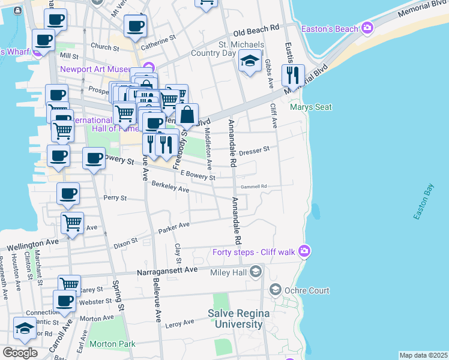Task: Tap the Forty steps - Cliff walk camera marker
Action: click(304, 250)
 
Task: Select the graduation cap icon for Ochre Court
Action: click(276, 290)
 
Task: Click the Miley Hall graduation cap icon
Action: click(256, 272)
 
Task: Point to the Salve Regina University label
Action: click(235, 319)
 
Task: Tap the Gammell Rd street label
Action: click(255, 187)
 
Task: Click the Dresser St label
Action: click(255, 152)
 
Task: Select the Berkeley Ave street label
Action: click(170, 187)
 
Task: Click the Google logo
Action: click(20, 353)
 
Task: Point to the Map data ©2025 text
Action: click(423, 355)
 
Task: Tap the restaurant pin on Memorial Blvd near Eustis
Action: click(292, 75)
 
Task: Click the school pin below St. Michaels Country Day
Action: click(250, 61)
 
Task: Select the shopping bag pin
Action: click(187, 115)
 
